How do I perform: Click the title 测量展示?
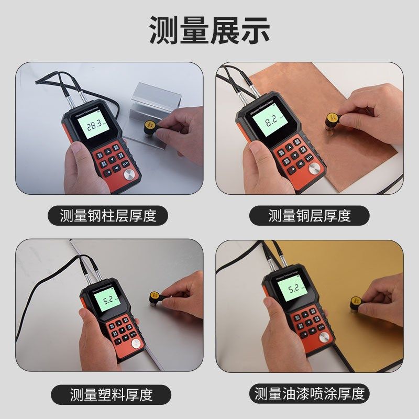coord(210,29)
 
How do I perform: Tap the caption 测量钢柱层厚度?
coord(108,215)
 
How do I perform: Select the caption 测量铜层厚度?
coord(310,215)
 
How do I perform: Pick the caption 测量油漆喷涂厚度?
coord(310,393)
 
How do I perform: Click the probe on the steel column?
coord(148,127)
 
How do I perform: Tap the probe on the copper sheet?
coord(332,120)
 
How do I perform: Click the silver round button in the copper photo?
coord(315,168)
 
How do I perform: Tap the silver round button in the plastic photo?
coord(136,344)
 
